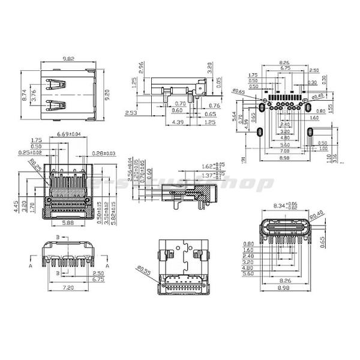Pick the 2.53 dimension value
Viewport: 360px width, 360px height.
click(131, 113)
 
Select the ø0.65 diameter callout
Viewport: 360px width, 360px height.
click(239, 91)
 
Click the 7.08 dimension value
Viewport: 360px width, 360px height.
click(284, 152)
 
